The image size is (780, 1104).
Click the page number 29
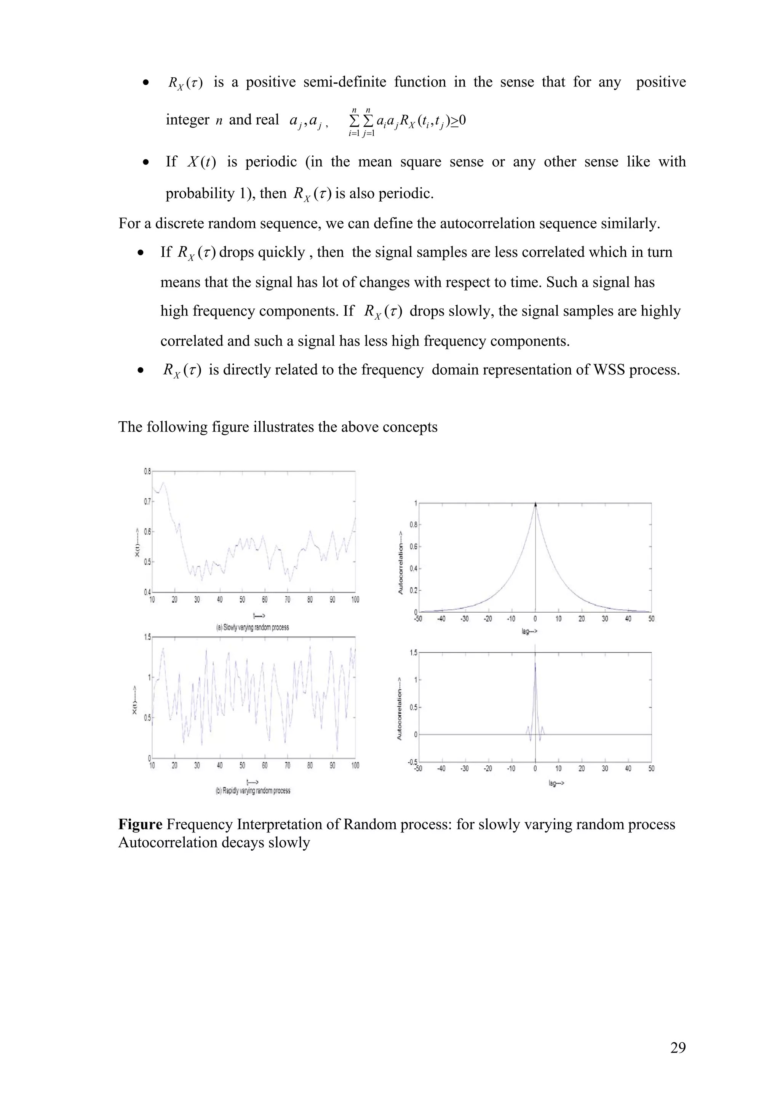click(x=678, y=1047)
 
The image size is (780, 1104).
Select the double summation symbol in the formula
click(x=361, y=121)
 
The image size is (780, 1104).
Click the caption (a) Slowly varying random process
click(x=252, y=627)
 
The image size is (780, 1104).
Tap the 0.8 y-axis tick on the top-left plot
click(x=147, y=472)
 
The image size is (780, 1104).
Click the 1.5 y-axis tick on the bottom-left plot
click(x=147, y=637)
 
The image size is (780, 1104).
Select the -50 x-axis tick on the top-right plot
click(x=418, y=619)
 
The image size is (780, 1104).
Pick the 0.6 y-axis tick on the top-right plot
click(x=413, y=547)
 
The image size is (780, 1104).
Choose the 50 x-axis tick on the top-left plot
click(x=242, y=600)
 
